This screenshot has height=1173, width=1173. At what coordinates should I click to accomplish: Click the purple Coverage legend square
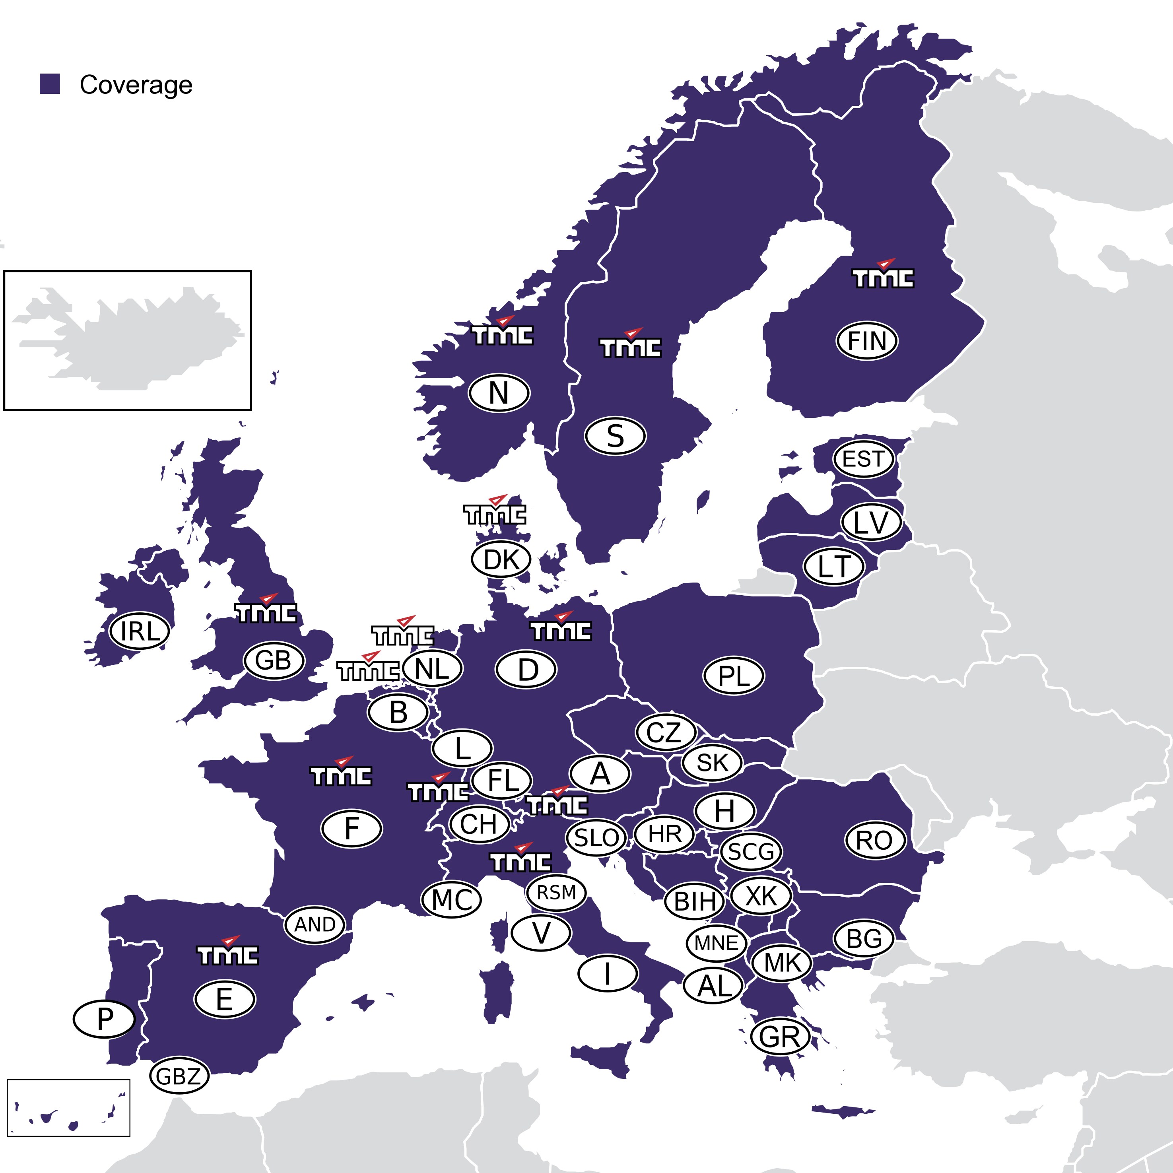(50, 84)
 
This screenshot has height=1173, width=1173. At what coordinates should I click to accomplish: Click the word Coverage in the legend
(136, 85)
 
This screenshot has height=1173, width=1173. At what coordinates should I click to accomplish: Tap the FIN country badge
(866, 341)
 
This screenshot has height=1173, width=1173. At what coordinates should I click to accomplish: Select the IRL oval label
(140, 631)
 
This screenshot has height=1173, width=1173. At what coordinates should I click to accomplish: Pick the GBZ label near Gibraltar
(179, 1076)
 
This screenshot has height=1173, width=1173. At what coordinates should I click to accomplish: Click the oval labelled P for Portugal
(104, 1020)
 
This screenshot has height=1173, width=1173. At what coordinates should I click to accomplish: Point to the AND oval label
(315, 924)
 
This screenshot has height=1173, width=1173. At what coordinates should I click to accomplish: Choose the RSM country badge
(556, 893)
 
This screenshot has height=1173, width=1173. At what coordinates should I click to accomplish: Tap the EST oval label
(864, 459)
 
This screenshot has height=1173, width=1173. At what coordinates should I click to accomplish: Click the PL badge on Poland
(734, 676)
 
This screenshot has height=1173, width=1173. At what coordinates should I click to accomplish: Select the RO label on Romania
(875, 840)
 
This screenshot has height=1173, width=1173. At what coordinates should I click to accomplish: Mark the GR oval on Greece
(780, 1036)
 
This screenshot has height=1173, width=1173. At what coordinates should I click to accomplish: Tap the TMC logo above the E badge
(228, 952)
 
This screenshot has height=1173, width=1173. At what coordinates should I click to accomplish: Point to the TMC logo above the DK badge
(495, 511)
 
